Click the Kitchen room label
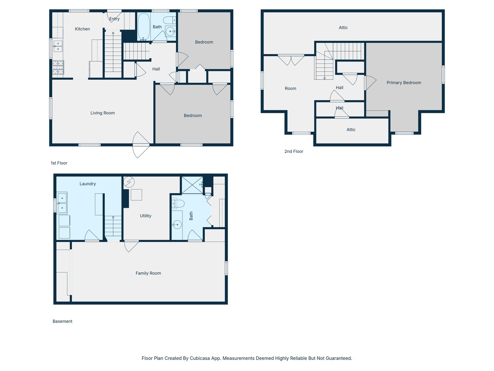[82, 29]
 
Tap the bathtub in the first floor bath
[144, 27]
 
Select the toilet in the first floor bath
[169, 20]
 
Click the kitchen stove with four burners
[58, 68]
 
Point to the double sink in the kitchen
[58, 46]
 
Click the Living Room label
[103, 113]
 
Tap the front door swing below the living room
[141, 145]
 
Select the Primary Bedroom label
[404, 83]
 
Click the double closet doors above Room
[291, 60]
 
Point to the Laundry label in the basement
[87, 184]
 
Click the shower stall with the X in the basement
[192, 185]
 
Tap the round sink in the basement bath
[177, 225]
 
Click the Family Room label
[148, 273]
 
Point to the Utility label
[145, 216]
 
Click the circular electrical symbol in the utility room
[129, 182]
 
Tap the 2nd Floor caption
[294, 151]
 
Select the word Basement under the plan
[62, 321]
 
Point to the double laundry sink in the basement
[62, 203]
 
